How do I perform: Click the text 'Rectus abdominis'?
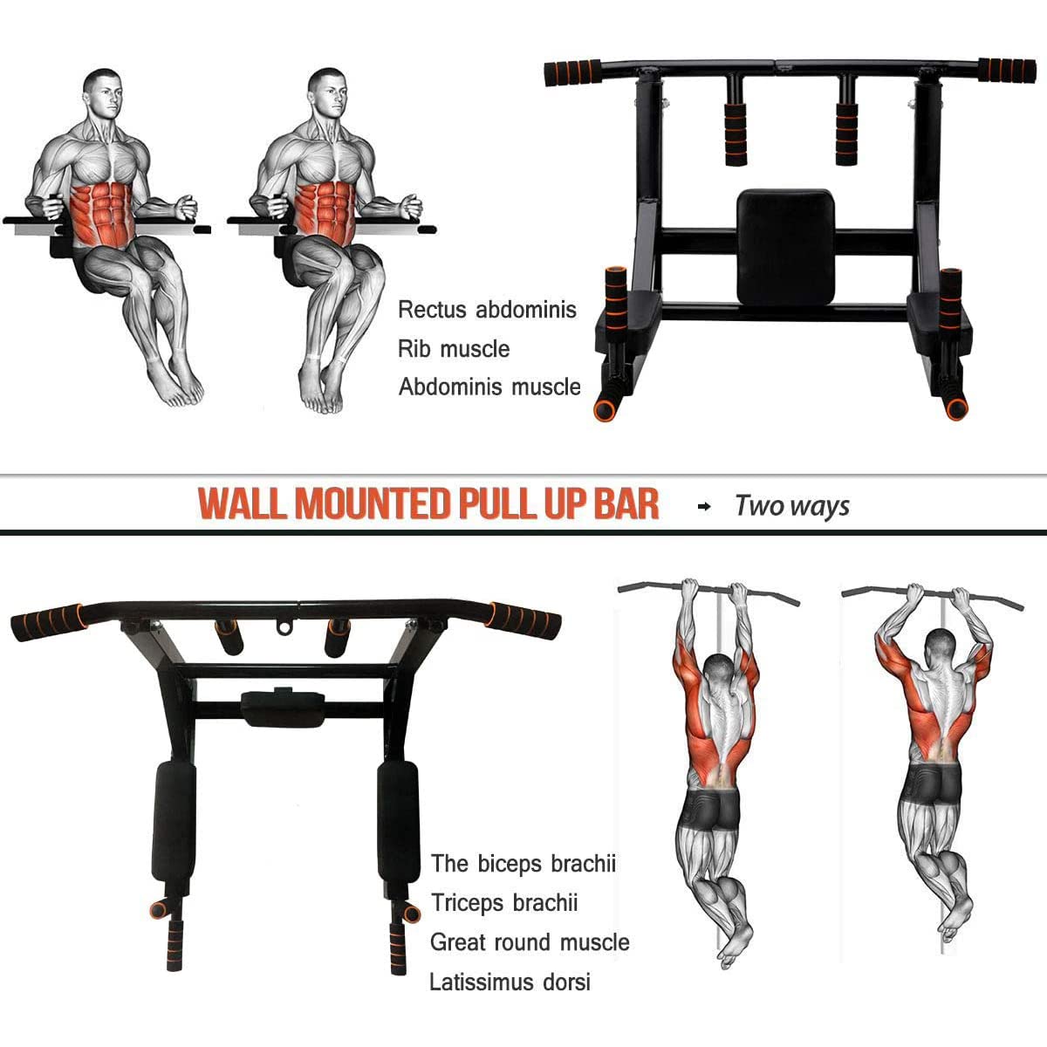coord(487,310)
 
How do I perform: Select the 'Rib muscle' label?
coord(454,349)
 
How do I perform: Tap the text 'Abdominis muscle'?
coord(489,387)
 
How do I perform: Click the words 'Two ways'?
coord(791,506)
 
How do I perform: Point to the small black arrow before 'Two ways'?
coord(704,506)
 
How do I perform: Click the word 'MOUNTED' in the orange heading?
coord(371,504)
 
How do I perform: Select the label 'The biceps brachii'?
coord(523,864)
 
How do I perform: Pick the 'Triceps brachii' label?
coord(504,903)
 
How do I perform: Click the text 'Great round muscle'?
coord(530,942)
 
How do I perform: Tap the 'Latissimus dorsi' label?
coord(510,982)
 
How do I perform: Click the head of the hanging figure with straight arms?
coord(719,673)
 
